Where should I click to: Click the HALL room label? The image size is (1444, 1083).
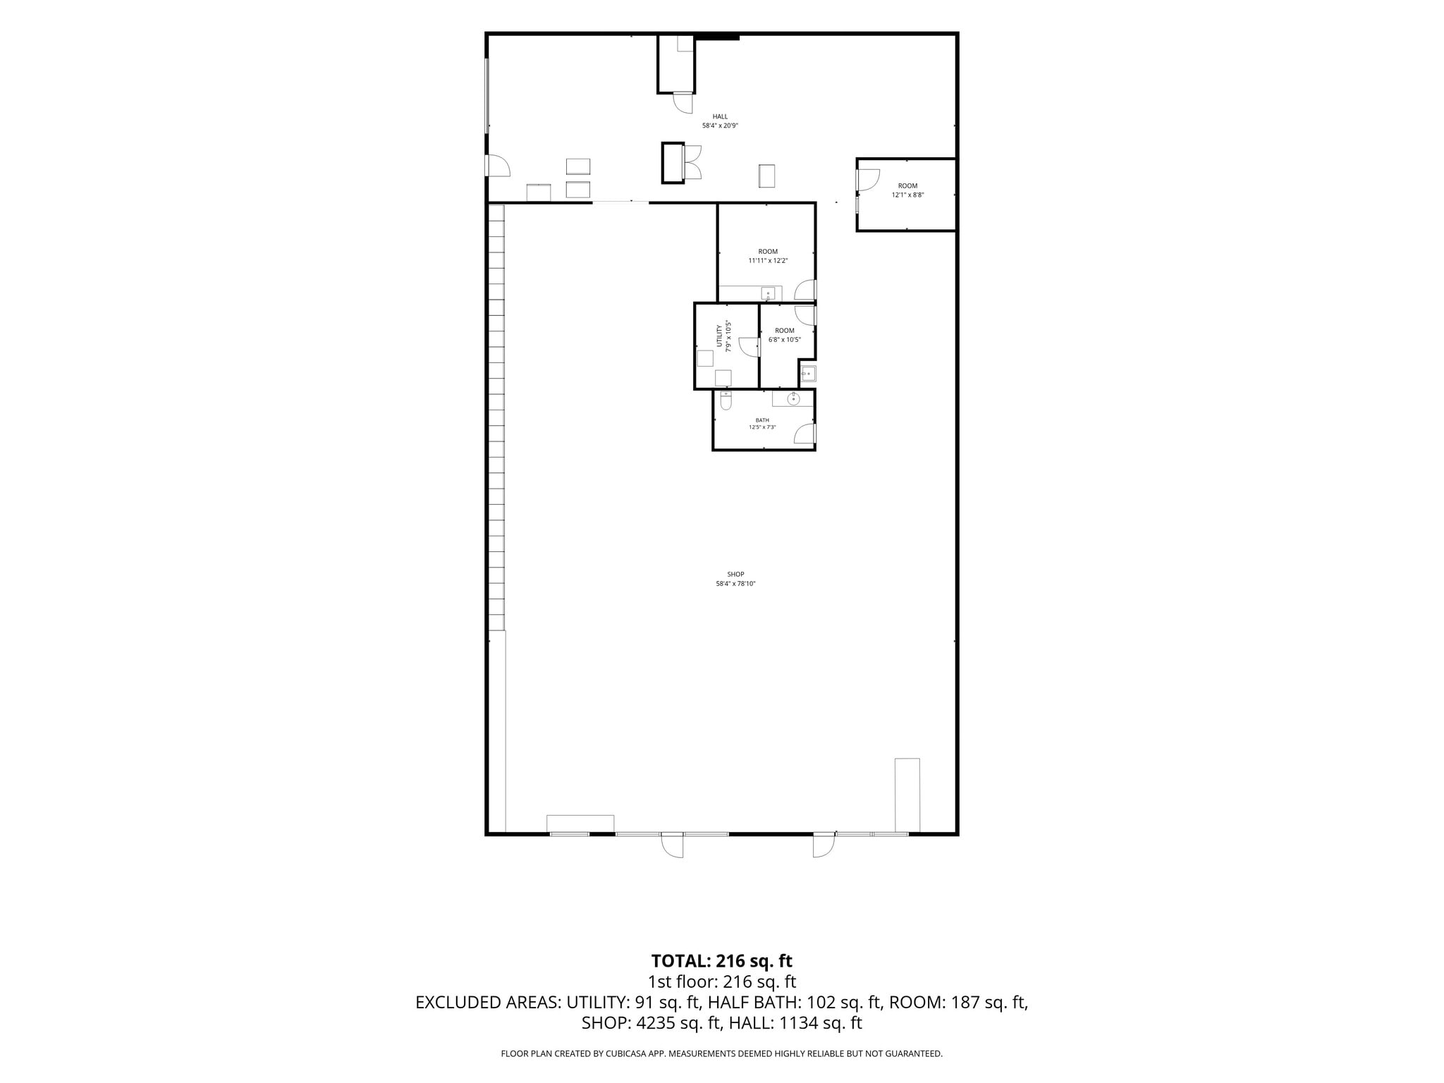pos(720,116)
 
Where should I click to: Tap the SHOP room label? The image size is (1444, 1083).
pos(735,574)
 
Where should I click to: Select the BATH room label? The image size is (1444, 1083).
pos(762,420)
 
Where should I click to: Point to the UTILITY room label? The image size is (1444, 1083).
pos(719,336)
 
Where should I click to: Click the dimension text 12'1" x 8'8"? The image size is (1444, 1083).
pos(907,195)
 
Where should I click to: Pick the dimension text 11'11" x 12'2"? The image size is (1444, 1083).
pos(768,260)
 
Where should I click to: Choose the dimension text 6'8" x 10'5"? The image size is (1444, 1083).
pos(784,339)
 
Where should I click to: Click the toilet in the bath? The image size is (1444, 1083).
pos(726,400)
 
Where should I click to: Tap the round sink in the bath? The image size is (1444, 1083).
pos(793,399)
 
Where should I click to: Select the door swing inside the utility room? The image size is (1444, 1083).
pos(749,348)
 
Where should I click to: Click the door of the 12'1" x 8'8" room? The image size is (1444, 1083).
pos(867,180)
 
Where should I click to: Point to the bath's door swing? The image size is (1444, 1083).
pos(804,434)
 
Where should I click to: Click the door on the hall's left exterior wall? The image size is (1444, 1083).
pos(498,166)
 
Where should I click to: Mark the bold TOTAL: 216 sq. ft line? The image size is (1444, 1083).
pos(721,960)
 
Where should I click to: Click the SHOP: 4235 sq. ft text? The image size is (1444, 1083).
pos(651,1023)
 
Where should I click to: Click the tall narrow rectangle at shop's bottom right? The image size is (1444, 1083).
pos(907,795)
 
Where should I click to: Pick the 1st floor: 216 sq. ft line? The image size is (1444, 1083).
pos(721,981)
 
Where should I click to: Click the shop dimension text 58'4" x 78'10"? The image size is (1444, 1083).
pos(735,583)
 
